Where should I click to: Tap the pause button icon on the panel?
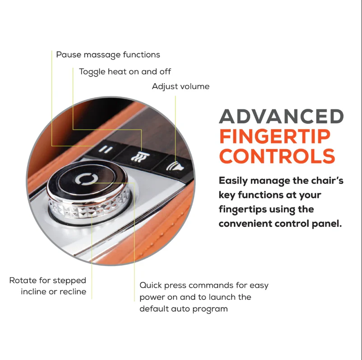[106, 150]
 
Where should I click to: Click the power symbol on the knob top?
[86, 179]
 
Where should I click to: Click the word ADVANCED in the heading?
[281, 117]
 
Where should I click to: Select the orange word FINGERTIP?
[275, 136]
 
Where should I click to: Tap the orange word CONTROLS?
[277, 156]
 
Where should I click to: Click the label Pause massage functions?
[108, 55]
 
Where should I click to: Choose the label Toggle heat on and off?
[125, 72]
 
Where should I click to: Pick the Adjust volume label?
[181, 87]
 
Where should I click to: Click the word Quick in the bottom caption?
[151, 285]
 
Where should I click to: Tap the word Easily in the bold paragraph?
[233, 181]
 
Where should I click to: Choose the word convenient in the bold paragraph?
[245, 224]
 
